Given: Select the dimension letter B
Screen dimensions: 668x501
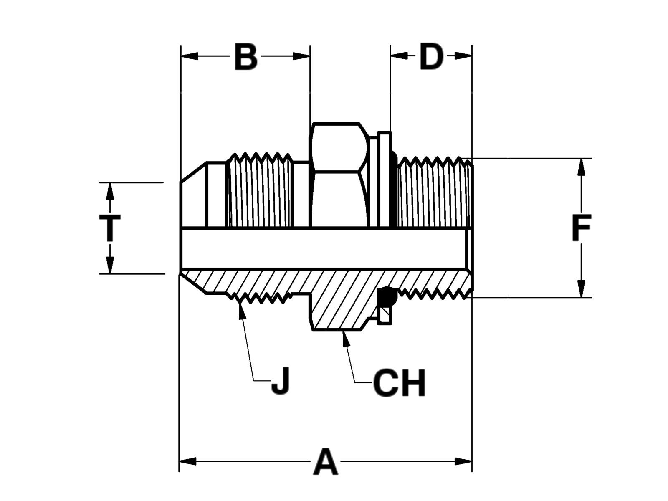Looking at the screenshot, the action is [x=246, y=57].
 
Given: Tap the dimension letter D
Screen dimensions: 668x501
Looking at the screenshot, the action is [x=431, y=57].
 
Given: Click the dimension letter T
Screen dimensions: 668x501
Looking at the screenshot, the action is [x=110, y=228].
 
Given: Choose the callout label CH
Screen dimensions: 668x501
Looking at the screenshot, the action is [x=399, y=383].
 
